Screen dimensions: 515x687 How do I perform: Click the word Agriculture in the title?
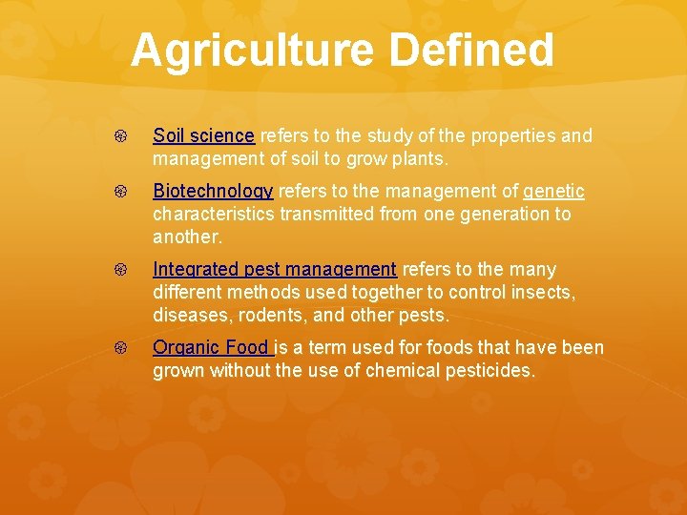247,51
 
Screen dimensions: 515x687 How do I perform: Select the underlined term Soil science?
203,136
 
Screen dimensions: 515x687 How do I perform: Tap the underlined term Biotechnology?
213,192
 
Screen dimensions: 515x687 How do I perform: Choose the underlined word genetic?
553,192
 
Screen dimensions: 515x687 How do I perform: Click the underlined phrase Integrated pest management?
275,270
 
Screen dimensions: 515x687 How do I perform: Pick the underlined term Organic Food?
213,348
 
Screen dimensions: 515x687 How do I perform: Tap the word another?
187,237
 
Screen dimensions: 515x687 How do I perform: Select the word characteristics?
214,215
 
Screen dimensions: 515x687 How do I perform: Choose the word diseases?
189,316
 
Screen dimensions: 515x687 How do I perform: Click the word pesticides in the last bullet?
489,371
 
